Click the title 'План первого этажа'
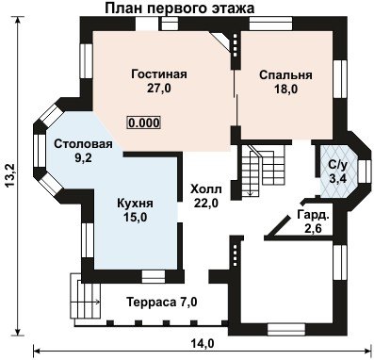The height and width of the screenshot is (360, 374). click(x=179, y=8)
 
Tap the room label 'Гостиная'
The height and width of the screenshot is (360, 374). click(x=159, y=74)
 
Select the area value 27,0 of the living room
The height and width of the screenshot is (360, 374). click(x=159, y=89)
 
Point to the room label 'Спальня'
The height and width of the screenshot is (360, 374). click(x=285, y=75)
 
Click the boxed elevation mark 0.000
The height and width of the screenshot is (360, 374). click(x=144, y=123)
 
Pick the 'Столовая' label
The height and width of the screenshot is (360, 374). click(x=83, y=144)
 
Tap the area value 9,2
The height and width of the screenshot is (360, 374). click(x=83, y=158)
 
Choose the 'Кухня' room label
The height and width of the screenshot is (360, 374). click(x=135, y=204)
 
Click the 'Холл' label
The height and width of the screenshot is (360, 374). click(x=206, y=189)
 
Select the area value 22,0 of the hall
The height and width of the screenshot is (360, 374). click(x=206, y=204)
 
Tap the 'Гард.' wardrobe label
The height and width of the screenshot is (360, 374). click(x=313, y=215)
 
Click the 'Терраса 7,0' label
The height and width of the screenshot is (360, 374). click(x=162, y=303)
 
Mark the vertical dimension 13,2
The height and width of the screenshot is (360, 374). click(x=10, y=176)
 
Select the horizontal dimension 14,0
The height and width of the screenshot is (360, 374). click(x=203, y=344)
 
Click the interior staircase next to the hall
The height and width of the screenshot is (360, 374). click(x=263, y=172)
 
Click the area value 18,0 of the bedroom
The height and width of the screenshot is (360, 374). click(x=285, y=90)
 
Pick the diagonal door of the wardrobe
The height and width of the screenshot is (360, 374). click(x=278, y=225)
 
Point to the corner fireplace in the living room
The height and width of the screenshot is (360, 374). click(x=222, y=40)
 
